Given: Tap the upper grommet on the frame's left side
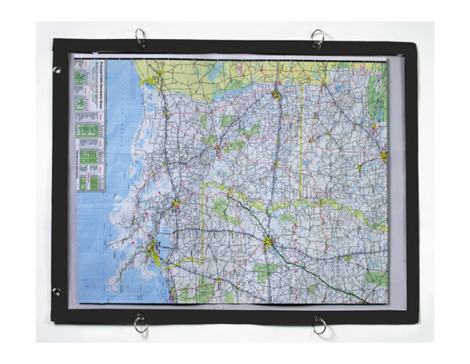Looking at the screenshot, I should (x=57, y=71).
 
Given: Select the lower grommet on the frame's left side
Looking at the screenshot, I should (x=56, y=292).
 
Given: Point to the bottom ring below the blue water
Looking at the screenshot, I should (x=140, y=324).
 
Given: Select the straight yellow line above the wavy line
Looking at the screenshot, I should (x=301, y=141).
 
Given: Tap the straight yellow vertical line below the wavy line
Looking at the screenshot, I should (x=202, y=224).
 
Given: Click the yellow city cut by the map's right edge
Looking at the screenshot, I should (x=384, y=157).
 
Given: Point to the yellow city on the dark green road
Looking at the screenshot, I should (x=268, y=242).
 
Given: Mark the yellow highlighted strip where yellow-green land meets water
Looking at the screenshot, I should (x=148, y=82).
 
